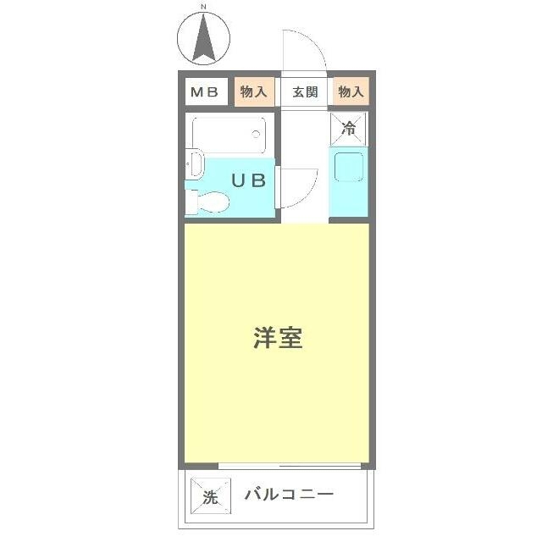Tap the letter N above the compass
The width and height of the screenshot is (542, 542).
click(x=204, y=7)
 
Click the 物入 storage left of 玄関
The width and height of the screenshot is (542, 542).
click(x=253, y=92)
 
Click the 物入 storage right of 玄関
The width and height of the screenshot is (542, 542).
click(x=351, y=92)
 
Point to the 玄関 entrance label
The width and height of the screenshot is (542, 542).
click(x=306, y=92)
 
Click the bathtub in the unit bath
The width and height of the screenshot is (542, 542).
click(x=229, y=135)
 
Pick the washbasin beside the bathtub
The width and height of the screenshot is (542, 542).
click(x=194, y=163)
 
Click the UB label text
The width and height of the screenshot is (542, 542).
click(x=250, y=180)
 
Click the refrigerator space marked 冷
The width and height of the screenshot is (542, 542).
click(x=348, y=129)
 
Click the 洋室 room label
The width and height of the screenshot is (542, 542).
click(x=278, y=339)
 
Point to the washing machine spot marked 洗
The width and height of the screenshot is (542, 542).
click(x=209, y=496)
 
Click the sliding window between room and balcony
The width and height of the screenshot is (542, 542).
click(x=289, y=465)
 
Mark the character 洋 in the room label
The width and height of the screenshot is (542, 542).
click(x=264, y=339)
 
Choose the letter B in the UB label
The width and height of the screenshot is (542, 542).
click(x=258, y=180)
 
